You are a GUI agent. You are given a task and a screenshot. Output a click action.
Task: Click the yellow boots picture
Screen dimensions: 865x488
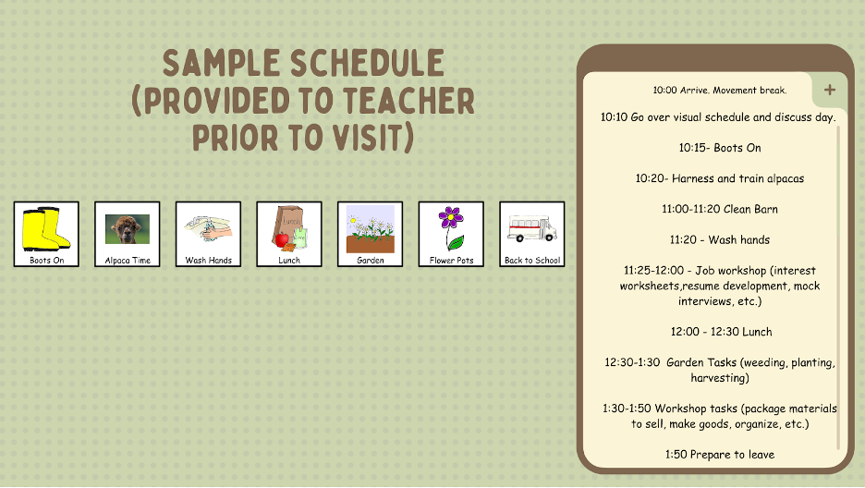(x=46, y=229)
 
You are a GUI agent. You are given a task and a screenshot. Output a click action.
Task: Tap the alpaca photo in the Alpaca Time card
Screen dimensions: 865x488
(x=128, y=229)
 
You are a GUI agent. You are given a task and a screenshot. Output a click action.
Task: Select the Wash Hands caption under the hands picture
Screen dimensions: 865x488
(x=209, y=261)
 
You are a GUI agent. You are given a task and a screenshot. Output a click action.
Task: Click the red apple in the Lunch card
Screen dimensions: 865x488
(x=282, y=239)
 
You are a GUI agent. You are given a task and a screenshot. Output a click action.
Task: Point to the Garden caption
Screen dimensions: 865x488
(x=371, y=261)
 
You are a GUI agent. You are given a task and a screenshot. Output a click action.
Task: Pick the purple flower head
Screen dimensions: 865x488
(x=451, y=218)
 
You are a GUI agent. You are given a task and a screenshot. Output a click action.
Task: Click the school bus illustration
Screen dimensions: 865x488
(x=531, y=229)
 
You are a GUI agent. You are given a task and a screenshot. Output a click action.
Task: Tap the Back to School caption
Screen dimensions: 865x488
(x=532, y=261)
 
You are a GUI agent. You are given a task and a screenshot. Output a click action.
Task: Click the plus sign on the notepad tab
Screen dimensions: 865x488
(x=830, y=90)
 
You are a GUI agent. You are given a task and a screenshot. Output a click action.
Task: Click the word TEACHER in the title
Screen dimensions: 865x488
(x=408, y=101)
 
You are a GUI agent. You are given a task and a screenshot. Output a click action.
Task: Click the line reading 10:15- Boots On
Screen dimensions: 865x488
(x=719, y=148)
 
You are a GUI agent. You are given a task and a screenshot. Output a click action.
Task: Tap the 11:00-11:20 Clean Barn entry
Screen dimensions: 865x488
(x=719, y=209)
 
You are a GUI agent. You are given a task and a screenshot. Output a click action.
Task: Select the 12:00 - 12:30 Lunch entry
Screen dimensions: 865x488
(x=721, y=332)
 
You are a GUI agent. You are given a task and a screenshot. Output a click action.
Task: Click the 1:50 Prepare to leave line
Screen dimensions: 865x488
(x=719, y=455)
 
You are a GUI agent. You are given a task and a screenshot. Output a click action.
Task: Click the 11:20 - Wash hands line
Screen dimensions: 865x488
(x=719, y=240)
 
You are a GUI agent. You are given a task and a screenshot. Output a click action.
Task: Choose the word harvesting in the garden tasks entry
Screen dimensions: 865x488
(x=719, y=378)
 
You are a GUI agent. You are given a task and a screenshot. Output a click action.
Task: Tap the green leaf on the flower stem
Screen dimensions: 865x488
(x=456, y=241)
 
